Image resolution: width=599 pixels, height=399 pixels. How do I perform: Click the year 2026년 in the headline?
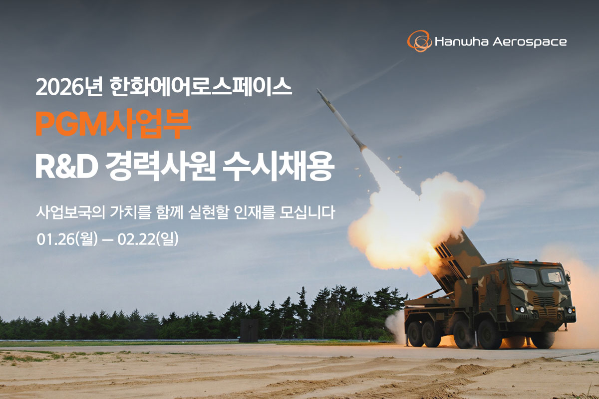click(x=69, y=88)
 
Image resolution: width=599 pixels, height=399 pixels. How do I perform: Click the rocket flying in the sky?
click(x=341, y=118)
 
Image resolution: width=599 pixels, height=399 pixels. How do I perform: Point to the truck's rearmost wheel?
click(x=416, y=333)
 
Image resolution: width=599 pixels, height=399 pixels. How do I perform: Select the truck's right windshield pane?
click(x=552, y=277)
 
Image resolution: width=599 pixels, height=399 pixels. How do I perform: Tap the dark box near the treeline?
click(x=249, y=330)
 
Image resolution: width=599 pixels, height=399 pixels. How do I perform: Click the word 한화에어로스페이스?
click(x=200, y=88)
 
